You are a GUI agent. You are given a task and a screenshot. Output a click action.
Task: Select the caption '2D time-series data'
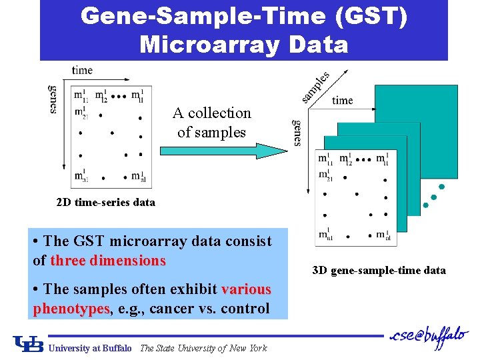[106, 202]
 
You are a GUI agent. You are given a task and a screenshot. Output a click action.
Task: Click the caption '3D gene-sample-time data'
[379, 270]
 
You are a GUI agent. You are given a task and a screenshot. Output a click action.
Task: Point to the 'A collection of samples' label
[211, 123]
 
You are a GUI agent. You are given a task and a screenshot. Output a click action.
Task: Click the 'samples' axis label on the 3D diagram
[316, 87]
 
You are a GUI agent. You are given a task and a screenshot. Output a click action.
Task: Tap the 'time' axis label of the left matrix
[82, 70]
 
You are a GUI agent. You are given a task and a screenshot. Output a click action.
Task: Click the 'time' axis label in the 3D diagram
[342, 101]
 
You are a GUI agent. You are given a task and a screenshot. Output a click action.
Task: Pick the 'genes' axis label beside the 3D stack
[297, 133]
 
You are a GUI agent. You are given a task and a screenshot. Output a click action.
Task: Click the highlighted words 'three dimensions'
[108, 261]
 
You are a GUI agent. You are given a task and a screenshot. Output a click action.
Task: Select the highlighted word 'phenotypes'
[71, 309]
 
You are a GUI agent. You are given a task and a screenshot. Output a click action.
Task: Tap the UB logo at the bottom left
[29, 344]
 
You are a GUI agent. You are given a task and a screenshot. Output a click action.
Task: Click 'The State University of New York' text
[203, 348]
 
